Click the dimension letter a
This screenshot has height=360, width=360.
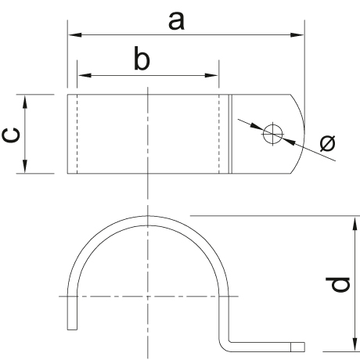177,21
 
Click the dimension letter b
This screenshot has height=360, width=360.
142,59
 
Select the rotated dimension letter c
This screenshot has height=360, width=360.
11,135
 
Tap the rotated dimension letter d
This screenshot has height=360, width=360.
338,284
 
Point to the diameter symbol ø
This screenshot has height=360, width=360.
328,143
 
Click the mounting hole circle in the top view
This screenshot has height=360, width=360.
273,134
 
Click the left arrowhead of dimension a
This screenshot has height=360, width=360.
75,34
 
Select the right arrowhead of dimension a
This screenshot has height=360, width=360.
297,34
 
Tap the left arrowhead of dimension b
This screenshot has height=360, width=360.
85,75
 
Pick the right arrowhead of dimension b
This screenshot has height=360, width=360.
211,75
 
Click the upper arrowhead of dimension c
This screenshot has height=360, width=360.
25,102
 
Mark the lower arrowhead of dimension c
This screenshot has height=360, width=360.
25,166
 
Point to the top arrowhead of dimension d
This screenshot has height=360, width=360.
355,223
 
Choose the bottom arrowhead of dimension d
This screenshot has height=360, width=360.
355,344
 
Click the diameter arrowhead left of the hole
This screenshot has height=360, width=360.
257,126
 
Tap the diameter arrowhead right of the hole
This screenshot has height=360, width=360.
289,141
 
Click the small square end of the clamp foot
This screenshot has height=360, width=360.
297,347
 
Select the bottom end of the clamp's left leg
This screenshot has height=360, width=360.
72,329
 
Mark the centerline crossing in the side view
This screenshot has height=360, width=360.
148,297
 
